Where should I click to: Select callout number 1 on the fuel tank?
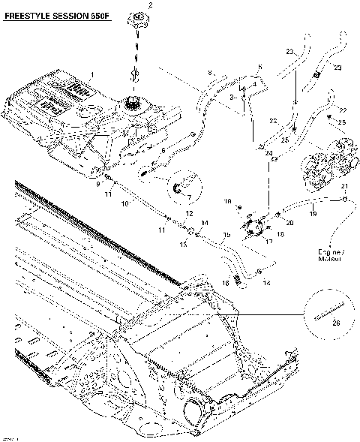[91, 74]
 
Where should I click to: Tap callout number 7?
[189, 197]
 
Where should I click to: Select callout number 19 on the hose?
[313, 214]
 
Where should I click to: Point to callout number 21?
[345, 186]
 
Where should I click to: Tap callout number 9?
[97, 182]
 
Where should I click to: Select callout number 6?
[163, 150]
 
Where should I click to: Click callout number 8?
[211, 72]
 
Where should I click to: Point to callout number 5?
[259, 68]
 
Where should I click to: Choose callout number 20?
[289, 223]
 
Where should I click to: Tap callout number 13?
[183, 245]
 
